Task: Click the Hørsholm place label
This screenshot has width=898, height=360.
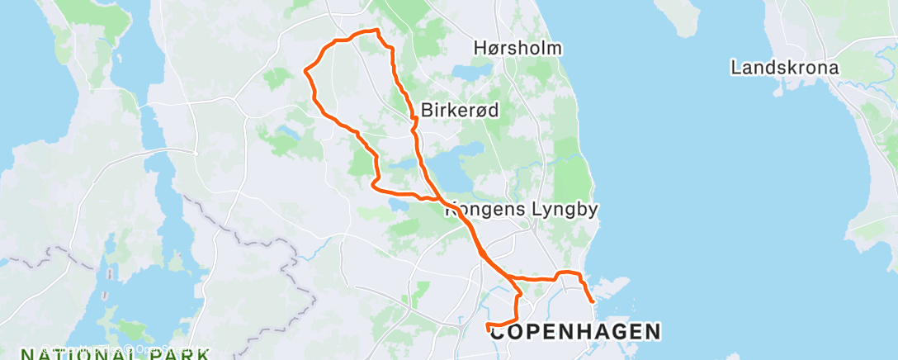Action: point(518,48)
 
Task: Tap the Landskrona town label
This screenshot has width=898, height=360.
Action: point(785,68)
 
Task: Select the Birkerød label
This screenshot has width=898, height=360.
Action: point(460,110)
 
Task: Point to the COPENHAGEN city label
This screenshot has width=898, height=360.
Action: point(576,332)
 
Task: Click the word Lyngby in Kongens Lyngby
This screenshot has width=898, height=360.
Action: point(565,210)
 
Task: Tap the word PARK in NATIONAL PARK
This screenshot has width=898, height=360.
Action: point(175,355)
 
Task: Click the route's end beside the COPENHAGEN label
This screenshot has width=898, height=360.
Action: point(489,324)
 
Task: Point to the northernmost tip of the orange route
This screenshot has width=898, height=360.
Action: point(377,31)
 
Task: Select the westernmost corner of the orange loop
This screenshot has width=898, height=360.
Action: point(305,72)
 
